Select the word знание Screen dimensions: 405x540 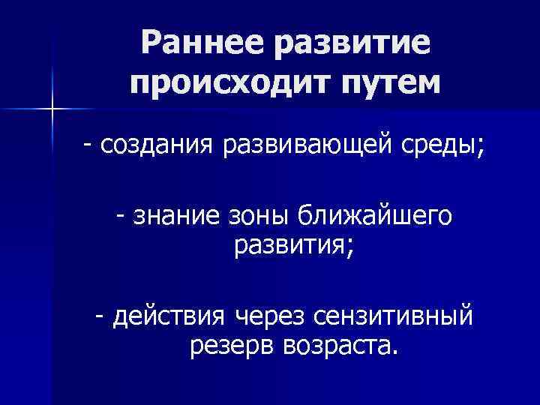[177, 216]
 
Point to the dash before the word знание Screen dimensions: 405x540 [121, 215]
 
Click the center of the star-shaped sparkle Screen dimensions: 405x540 [53, 109]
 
